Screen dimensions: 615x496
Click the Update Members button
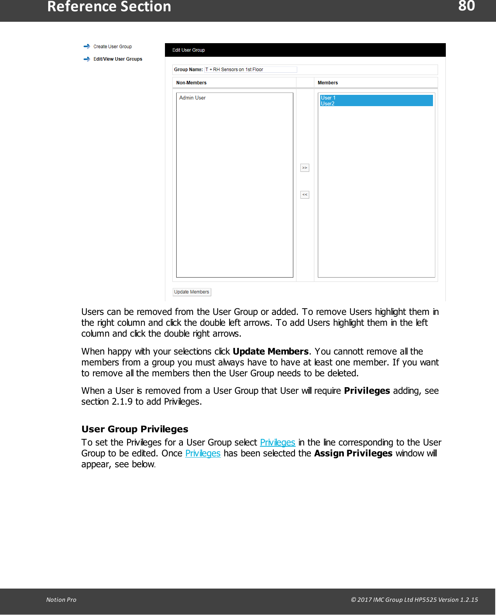point(192,292)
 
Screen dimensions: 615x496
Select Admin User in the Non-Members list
point(192,98)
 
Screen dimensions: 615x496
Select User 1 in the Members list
point(328,98)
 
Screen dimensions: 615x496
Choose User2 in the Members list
point(328,104)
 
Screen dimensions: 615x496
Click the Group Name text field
point(251,70)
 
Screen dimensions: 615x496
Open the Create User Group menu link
point(112,47)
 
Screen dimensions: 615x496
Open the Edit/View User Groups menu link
point(117,59)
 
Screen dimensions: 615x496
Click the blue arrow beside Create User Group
point(87,46)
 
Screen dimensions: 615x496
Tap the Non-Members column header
point(191,83)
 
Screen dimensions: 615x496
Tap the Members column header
point(328,83)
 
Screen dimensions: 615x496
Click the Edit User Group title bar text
point(189,50)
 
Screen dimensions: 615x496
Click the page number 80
point(466,6)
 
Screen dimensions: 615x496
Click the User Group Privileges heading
point(135,429)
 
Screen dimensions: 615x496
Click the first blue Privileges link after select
point(277,442)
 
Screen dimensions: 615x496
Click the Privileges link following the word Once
point(203,453)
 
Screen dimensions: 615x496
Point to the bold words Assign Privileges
point(353,453)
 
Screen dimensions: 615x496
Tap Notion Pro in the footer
point(61,599)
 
